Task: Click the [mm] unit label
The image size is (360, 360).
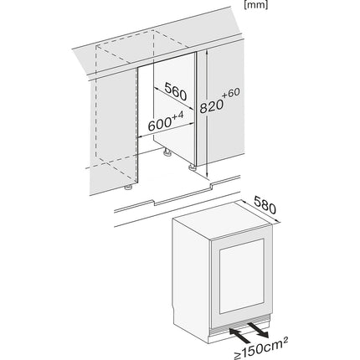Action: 255,5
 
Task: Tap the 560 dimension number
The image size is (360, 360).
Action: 175,91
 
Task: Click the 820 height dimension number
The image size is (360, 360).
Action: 212,106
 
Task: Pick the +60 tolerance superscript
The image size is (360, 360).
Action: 231,94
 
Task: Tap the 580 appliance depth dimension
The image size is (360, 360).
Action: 265,204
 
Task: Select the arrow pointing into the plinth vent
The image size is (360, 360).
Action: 239,336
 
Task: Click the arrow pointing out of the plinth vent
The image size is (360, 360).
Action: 257,329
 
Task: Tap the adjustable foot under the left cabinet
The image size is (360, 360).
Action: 128,187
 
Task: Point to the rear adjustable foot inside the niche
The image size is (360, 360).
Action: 167,152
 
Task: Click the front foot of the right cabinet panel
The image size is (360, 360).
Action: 192,167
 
